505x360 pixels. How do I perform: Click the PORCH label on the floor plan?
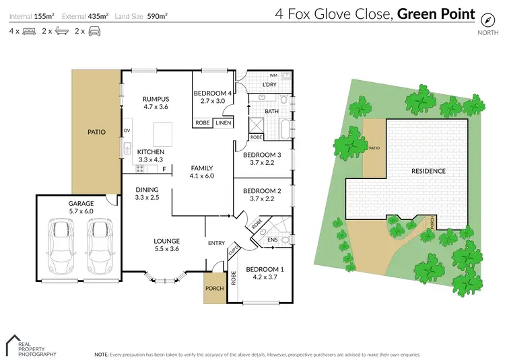(214, 289)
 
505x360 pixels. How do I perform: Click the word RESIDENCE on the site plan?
(428, 171)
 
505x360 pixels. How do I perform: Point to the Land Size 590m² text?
(143, 15)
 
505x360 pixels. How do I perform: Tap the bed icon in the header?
(28, 31)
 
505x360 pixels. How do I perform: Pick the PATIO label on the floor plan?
(97, 132)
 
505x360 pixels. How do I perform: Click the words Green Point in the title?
(436, 14)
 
